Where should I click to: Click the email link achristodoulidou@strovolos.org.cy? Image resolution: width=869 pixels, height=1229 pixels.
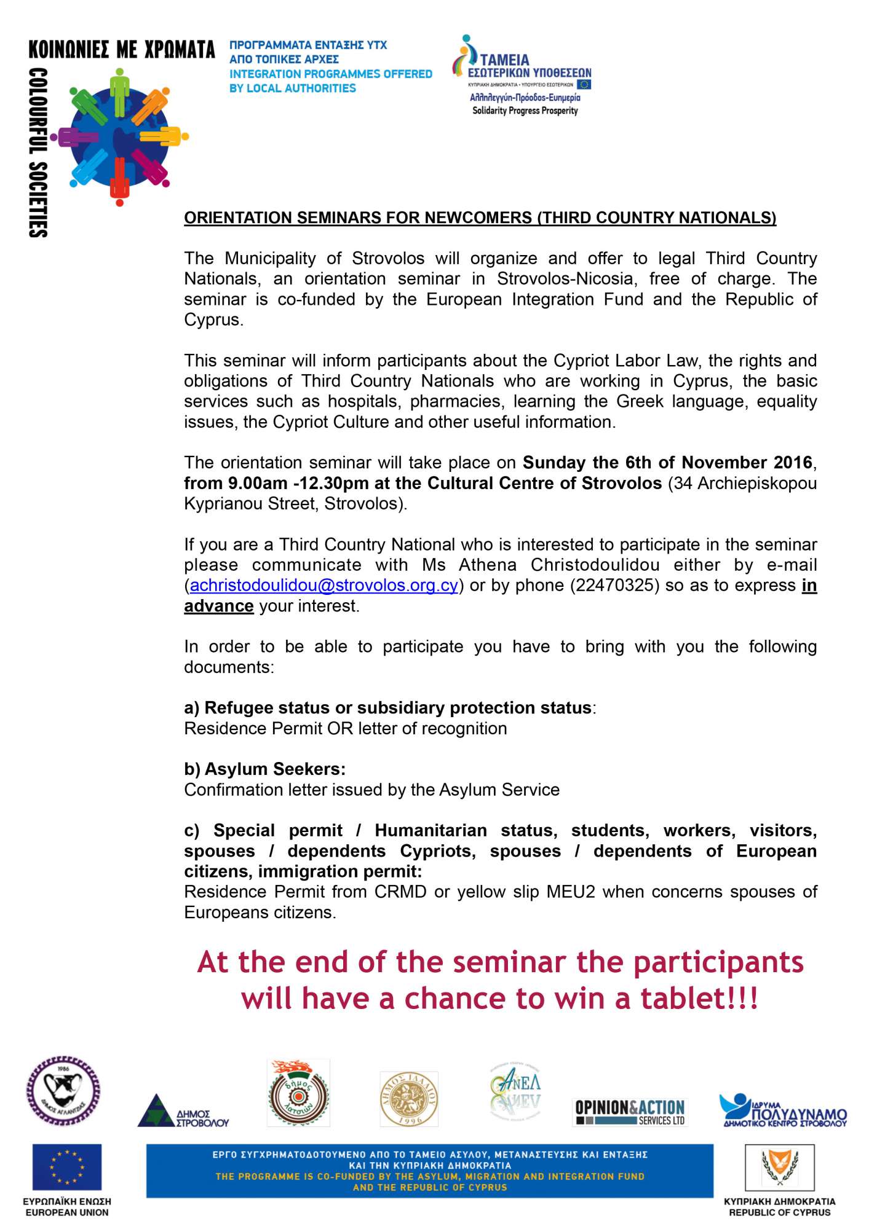coord(323,586)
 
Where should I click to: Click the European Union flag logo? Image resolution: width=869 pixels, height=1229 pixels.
coord(66,1167)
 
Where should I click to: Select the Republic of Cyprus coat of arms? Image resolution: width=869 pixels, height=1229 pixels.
coord(780,1167)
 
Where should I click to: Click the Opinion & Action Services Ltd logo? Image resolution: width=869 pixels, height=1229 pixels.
coord(630,1111)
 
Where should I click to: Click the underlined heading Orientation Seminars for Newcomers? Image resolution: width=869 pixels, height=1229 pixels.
coord(480,218)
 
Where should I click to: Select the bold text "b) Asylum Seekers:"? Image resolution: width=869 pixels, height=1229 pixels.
coord(264,769)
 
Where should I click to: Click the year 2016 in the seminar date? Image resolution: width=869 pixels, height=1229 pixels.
coord(793,463)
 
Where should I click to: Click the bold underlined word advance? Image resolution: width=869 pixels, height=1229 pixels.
coord(218,607)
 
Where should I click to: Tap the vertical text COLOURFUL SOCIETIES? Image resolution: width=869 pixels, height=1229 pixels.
coord(38,152)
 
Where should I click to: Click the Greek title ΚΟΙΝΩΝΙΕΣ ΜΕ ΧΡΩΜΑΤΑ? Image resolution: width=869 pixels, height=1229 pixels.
coord(122,50)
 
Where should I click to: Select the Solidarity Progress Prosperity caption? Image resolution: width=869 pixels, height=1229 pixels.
coord(525,111)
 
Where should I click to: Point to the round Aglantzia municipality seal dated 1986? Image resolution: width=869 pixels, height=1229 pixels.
coord(63,1091)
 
